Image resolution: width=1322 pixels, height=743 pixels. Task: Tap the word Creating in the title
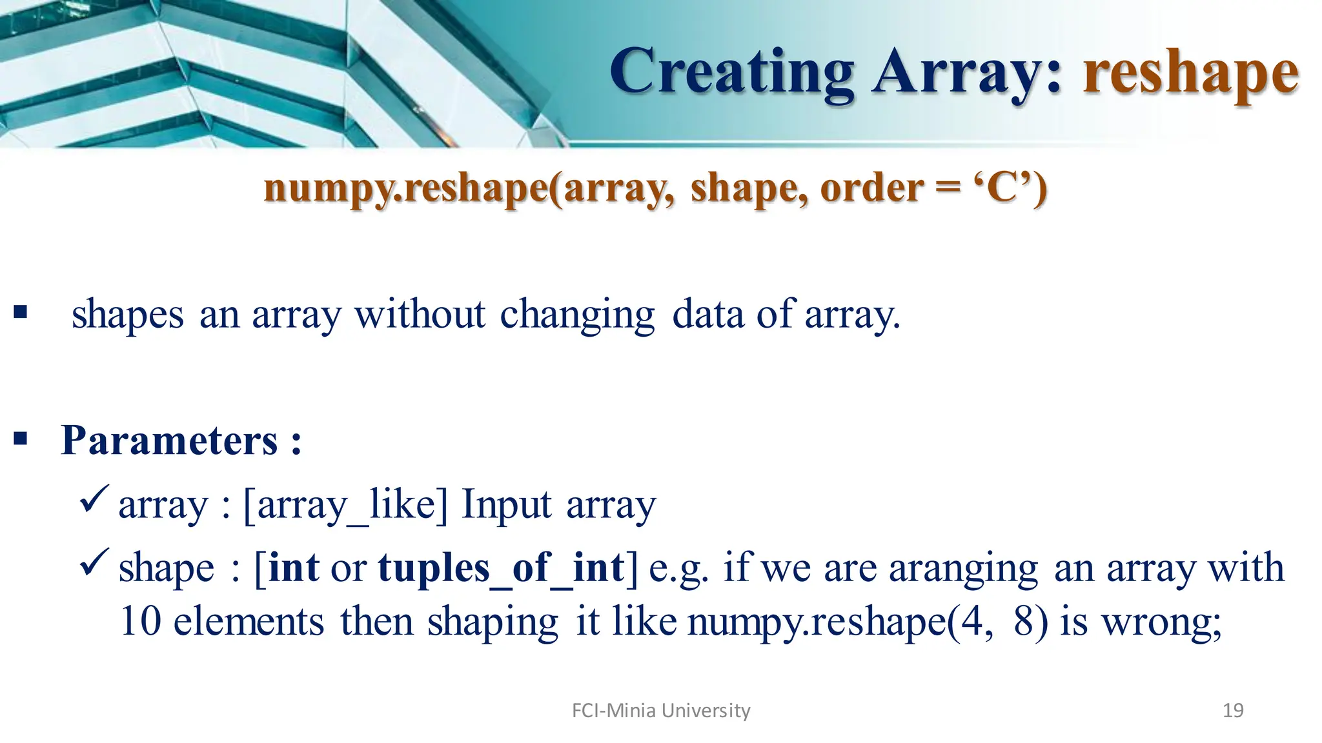(732, 72)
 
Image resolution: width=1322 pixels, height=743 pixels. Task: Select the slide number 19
(1233, 711)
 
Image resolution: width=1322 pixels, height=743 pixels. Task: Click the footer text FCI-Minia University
(661, 711)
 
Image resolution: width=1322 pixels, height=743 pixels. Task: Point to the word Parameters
(169, 441)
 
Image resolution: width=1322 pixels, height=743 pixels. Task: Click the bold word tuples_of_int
(501, 568)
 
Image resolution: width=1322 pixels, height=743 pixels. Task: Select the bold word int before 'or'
(294, 568)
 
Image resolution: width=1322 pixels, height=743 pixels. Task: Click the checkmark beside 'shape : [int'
(95, 562)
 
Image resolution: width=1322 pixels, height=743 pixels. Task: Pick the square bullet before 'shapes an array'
(21, 313)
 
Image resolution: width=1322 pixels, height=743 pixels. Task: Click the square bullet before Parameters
(21, 440)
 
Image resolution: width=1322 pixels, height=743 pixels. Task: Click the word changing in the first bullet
(577, 315)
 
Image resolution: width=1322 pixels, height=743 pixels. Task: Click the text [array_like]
(345, 505)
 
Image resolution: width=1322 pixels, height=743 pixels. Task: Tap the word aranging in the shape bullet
(963, 569)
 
